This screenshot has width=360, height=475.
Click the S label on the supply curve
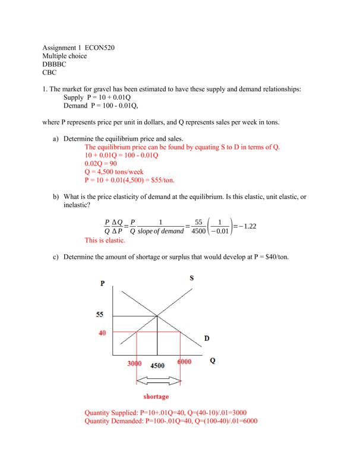[192, 278]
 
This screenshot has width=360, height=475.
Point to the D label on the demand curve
[207, 338]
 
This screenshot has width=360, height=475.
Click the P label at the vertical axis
[103, 283]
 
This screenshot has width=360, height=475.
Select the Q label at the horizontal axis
[212, 361]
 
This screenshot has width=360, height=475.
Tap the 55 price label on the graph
[100, 315]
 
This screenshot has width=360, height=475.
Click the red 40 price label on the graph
[102, 333]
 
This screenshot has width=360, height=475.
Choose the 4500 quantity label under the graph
[157, 366]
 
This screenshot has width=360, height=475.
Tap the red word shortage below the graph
[156, 396]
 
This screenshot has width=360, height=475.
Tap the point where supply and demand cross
[157, 315]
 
